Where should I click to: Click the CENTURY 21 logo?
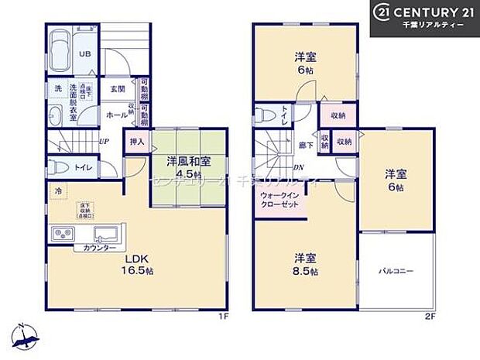[x=425, y=19]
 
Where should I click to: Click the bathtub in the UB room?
[x=58, y=50]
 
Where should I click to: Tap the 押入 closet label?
[x=136, y=142]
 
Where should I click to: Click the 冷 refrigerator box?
[x=57, y=190]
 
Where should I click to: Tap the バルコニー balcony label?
[x=396, y=272]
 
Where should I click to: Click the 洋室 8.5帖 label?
[x=303, y=264]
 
